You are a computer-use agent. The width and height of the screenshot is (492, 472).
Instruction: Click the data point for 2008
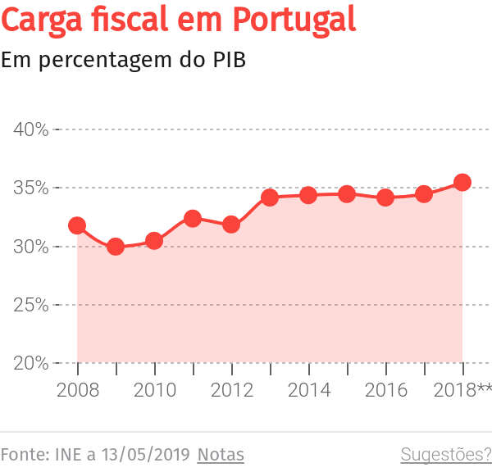[77, 225]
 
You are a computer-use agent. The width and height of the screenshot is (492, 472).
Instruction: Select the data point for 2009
[116, 246]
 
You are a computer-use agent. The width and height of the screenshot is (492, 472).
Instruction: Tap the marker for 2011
[193, 218]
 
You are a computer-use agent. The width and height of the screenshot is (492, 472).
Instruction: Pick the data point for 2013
[270, 197]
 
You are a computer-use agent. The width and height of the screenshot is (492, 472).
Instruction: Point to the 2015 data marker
[347, 194]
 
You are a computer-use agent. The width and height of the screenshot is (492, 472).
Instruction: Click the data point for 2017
[424, 194]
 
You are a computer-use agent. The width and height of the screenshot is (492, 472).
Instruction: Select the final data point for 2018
[462, 182]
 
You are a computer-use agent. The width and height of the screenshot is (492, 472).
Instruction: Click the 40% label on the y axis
[30, 129]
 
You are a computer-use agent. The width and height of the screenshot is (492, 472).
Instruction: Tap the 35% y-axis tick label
[30, 188]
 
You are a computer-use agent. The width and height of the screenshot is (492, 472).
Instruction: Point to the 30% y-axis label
[30, 247]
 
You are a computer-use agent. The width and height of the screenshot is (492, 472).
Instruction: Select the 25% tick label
[30, 305]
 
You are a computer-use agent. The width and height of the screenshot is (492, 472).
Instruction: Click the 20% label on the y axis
[30, 363]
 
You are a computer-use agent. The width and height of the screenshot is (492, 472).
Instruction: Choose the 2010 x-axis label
[154, 390]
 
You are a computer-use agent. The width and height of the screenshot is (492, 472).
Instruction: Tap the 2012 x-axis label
[231, 390]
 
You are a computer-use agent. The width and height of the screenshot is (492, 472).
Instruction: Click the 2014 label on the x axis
[308, 390]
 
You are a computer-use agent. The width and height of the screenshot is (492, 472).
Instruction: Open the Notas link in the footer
[221, 454]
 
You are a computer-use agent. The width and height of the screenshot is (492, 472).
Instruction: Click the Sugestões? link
[445, 454]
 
